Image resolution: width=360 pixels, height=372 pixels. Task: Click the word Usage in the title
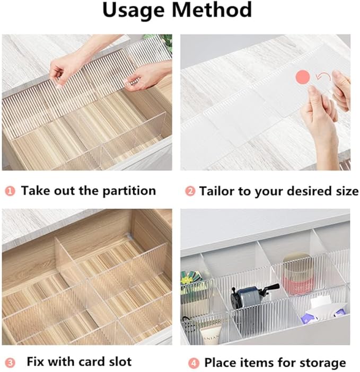(x=134, y=11)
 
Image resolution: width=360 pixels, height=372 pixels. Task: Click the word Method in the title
(x=212, y=10)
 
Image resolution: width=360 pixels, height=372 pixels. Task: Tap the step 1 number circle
(x=10, y=191)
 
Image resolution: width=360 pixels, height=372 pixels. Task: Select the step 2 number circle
(x=190, y=191)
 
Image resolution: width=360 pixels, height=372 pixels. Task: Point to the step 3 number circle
(x=10, y=363)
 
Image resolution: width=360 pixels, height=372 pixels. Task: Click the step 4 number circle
(x=194, y=363)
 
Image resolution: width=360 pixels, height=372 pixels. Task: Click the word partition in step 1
(x=129, y=191)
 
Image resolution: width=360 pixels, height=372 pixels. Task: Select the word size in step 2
(x=347, y=191)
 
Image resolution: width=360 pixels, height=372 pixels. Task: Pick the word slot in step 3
(x=120, y=361)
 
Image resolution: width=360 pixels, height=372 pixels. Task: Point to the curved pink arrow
(x=323, y=77)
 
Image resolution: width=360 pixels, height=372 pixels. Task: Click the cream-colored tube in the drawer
(x=210, y=334)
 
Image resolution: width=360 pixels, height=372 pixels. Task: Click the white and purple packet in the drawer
(x=323, y=311)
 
